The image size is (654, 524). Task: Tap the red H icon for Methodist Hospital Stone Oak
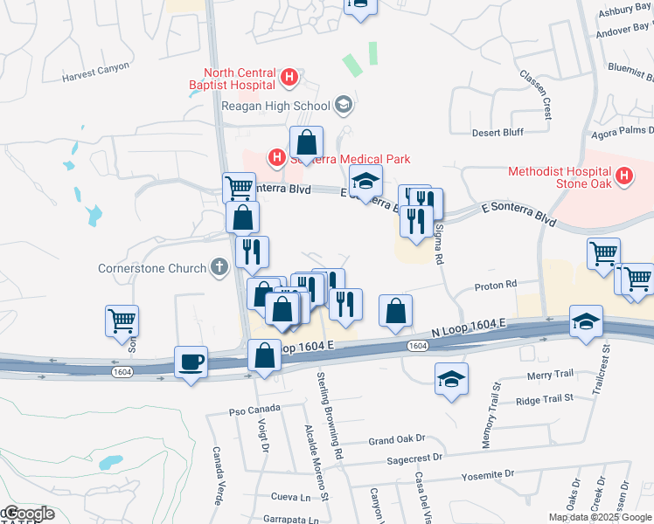[623, 177]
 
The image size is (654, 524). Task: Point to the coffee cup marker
[191, 361]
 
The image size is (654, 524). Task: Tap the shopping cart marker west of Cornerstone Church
[122, 320]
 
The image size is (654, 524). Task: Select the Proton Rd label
[497, 286]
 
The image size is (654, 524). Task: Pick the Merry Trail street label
[551, 374]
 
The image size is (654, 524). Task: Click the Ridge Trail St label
[544, 398]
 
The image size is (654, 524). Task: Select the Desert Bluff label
[497, 133]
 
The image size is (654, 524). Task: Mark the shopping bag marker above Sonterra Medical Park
[307, 142]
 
